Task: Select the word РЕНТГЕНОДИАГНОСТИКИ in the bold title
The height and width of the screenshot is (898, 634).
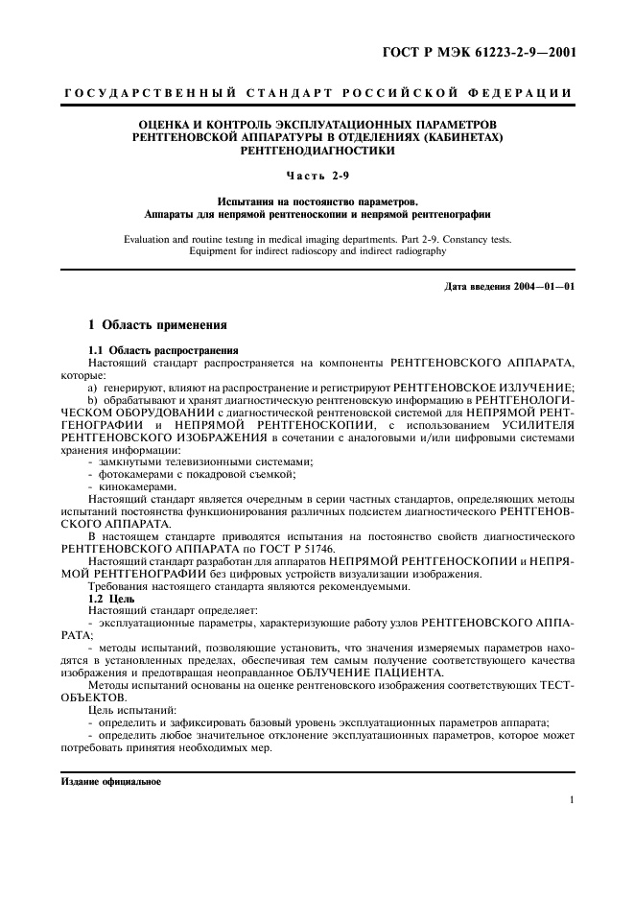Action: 317,151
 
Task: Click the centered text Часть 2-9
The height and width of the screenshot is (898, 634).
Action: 317,175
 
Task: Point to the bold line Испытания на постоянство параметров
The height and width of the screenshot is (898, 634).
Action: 317,201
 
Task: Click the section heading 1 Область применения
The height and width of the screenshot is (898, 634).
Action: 157,326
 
